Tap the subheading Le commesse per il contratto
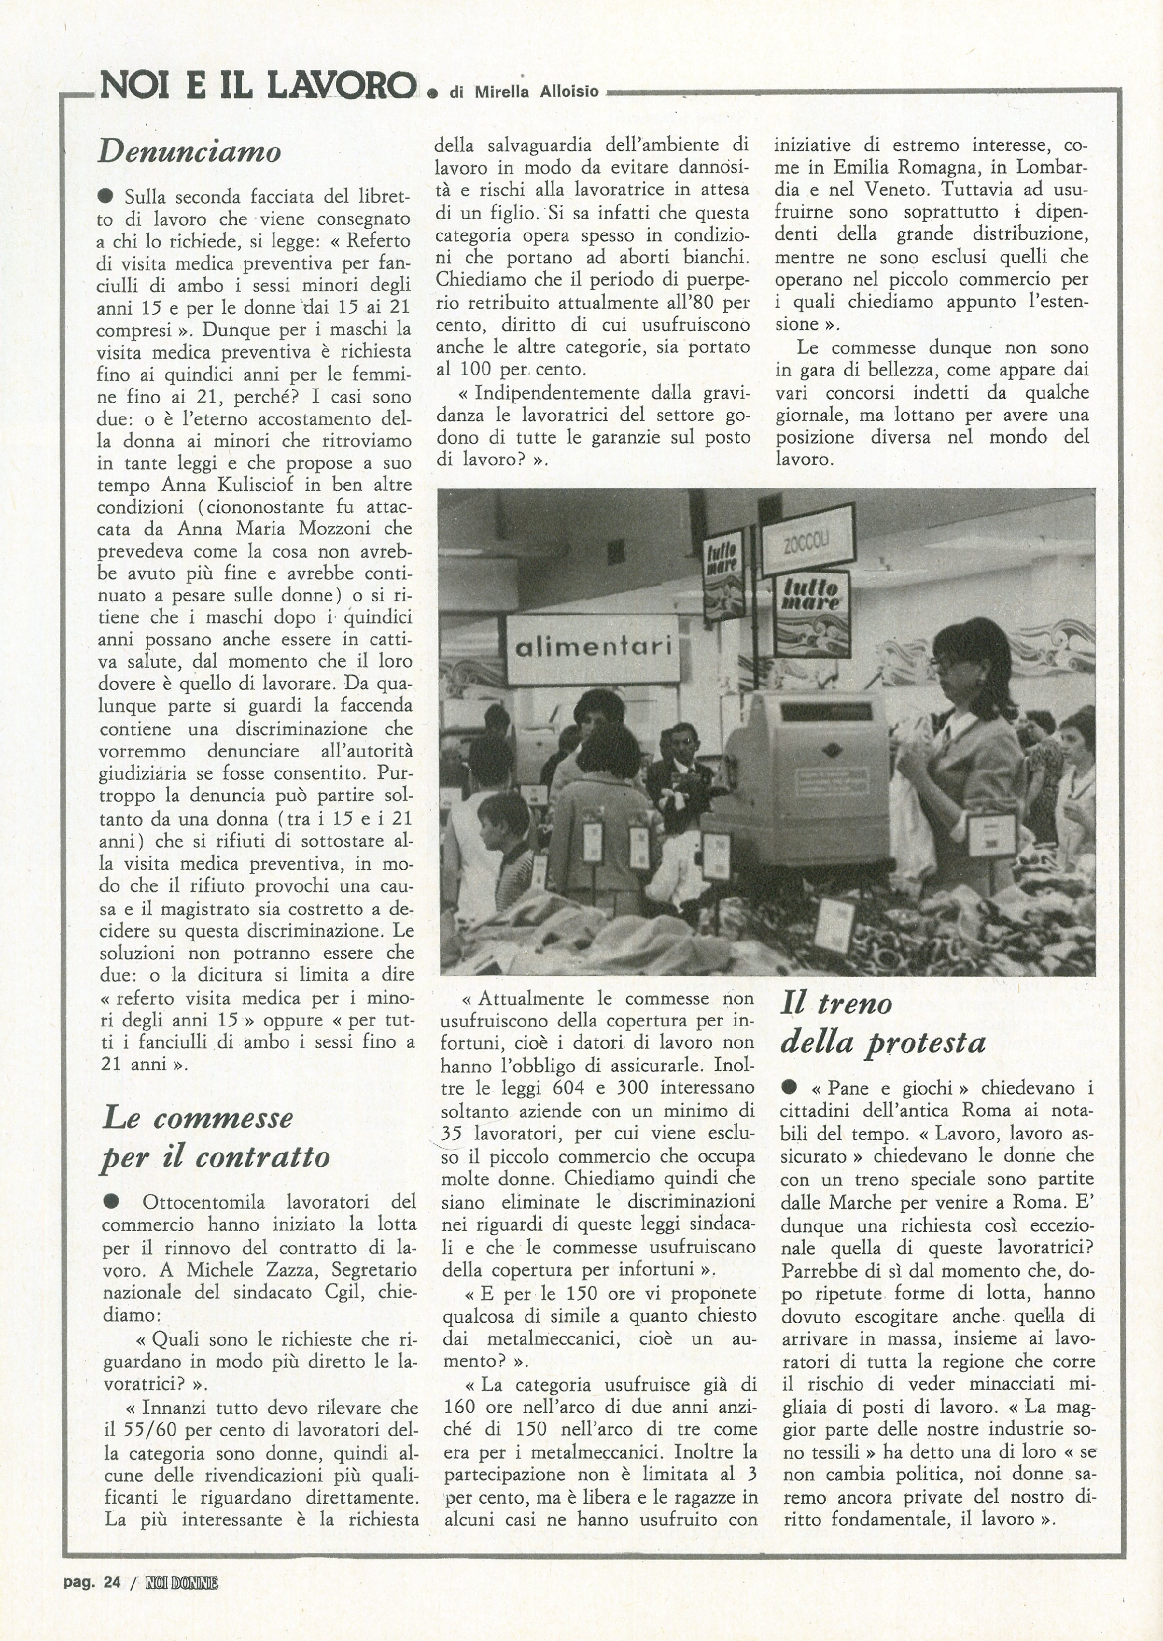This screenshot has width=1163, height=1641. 215,1138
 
